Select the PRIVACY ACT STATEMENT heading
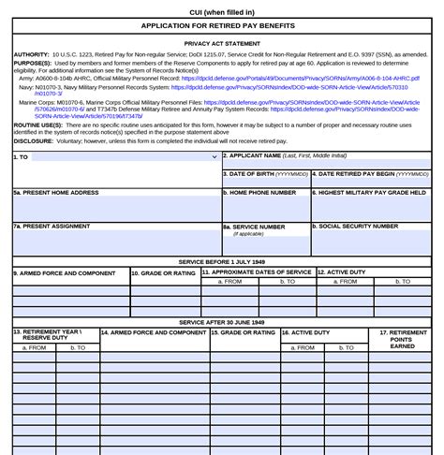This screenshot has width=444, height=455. tap(222, 43)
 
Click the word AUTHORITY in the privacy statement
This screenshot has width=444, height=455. tap(32, 55)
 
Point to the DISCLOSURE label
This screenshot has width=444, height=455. tap(33, 142)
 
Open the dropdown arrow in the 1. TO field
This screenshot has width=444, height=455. tap(215, 157)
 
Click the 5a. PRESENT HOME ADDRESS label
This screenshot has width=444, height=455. tap(56, 192)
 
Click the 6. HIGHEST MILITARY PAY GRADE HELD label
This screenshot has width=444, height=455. tap(372, 192)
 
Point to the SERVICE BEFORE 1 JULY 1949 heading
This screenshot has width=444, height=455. tap(222, 262)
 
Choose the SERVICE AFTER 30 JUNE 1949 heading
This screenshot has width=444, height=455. tap(222, 322)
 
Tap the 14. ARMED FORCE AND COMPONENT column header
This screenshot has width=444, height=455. tap(154, 332)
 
